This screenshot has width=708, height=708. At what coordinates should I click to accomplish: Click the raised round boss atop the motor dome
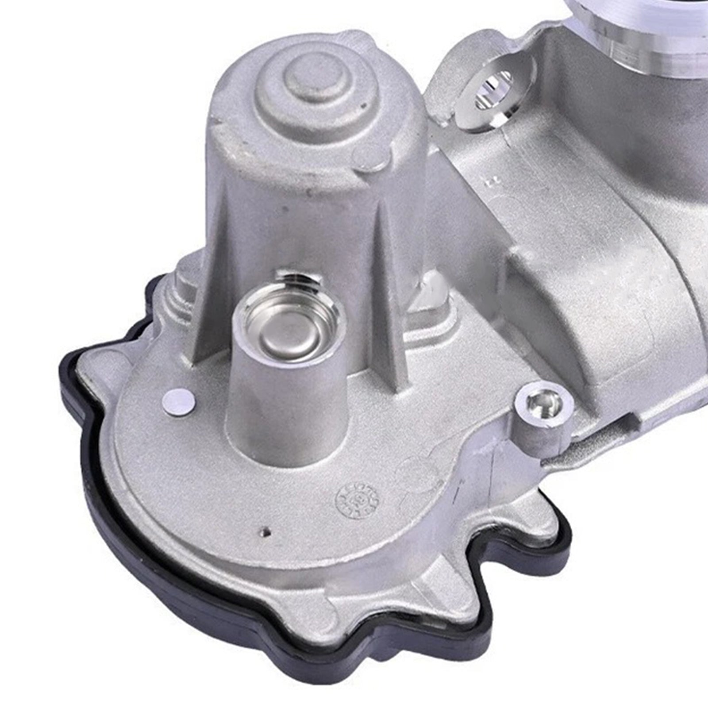point(315,80)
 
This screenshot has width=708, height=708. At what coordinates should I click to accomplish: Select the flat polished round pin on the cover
point(178,404)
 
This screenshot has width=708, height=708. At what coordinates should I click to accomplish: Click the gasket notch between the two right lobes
point(478,589)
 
